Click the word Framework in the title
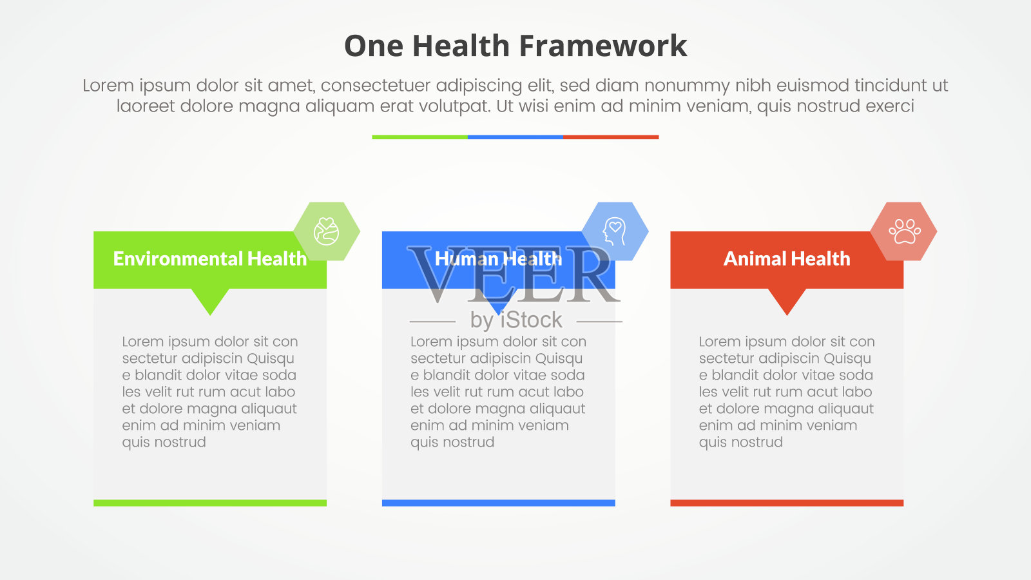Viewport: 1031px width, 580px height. [x=603, y=46]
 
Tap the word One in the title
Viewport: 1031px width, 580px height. [x=374, y=46]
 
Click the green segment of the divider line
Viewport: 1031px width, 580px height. [x=419, y=137]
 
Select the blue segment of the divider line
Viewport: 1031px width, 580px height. [x=515, y=137]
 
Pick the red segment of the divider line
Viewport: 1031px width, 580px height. [x=612, y=137]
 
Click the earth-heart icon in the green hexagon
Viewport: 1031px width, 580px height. [x=326, y=231]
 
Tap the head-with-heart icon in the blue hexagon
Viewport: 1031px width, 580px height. [x=615, y=231]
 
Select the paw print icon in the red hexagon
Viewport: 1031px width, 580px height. [x=905, y=231]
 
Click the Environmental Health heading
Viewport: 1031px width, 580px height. [x=210, y=258]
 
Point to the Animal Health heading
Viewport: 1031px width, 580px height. [x=787, y=258]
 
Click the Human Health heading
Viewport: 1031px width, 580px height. [x=499, y=258]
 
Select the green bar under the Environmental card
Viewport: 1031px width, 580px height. [x=210, y=503]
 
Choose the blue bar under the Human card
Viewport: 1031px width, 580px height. [x=499, y=503]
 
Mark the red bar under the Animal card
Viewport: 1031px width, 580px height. [x=787, y=503]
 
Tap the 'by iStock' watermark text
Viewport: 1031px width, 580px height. [x=516, y=320]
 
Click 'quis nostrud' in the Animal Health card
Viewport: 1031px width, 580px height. [x=740, y=442]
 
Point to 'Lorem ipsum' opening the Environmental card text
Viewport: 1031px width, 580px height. [x=167, y=342]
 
